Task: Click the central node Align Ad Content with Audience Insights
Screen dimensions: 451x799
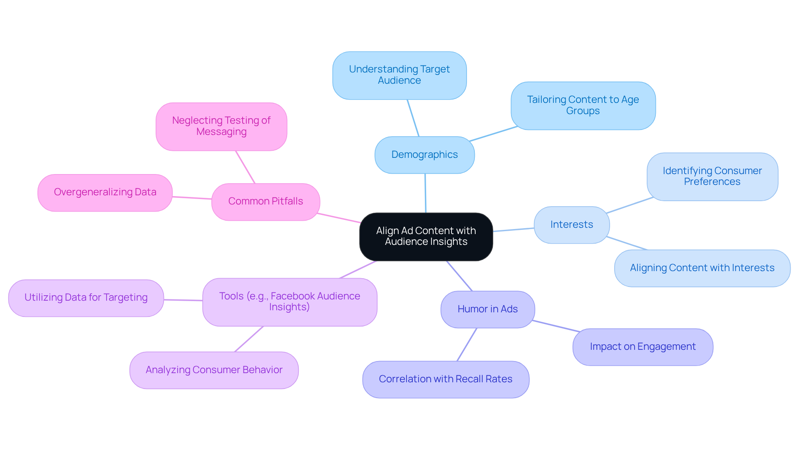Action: point(426,237)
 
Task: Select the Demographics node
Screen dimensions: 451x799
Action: point(424,155)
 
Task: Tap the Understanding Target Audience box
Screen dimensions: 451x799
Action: point(399,75)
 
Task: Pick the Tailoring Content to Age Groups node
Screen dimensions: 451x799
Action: point(583,105)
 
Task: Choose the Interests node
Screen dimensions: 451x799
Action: point(571,225)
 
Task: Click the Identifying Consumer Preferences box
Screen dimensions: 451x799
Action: point(712,177)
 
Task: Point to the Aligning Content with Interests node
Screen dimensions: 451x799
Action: point(702,268)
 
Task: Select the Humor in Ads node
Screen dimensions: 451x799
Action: point(487,309)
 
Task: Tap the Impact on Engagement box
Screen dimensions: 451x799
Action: point(643,347)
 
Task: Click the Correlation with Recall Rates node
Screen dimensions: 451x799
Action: point(445,379)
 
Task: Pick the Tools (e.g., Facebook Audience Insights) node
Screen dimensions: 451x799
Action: point(290,302)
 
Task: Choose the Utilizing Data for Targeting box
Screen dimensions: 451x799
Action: point(86,298)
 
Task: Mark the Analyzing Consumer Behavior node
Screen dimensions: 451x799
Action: point(214,370)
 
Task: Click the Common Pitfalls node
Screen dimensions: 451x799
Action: point(266,202)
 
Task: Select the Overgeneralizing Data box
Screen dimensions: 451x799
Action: point(105,192)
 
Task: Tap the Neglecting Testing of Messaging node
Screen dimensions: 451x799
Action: point(221,126)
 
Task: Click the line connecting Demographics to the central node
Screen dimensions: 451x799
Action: point(425,193)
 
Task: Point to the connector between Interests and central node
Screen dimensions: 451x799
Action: point(514,230)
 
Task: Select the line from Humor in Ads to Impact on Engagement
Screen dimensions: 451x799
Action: point(556,326)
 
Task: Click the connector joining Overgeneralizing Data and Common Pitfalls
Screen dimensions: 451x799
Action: point(192,198)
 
